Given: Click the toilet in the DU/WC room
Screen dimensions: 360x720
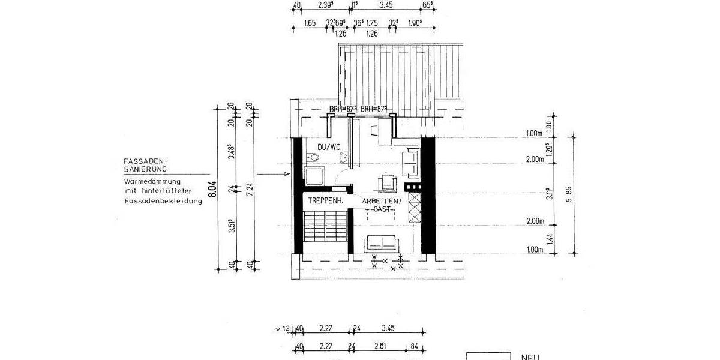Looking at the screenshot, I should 311,158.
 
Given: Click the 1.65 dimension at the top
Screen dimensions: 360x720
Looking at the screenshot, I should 310,23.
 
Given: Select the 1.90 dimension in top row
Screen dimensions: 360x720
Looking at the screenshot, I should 415,23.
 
